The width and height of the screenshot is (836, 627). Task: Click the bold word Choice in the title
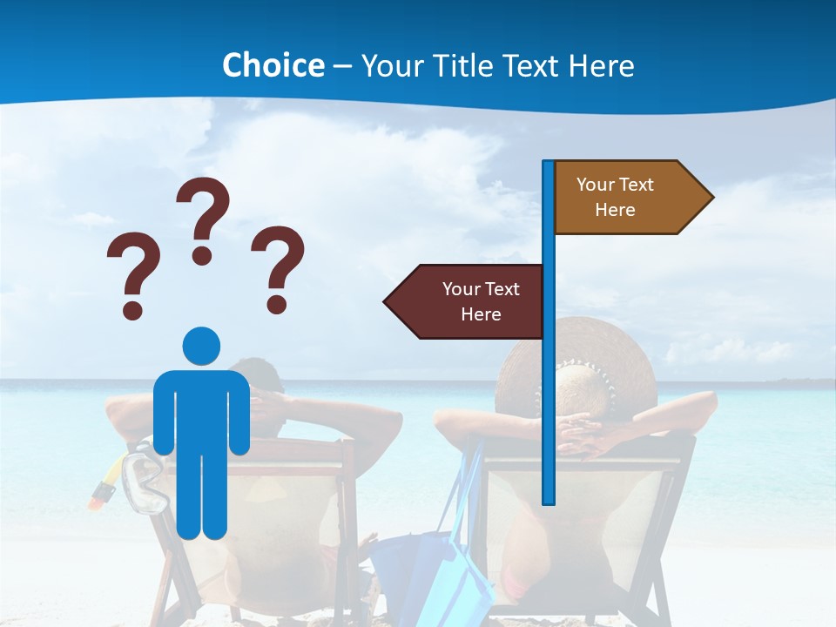[x=273, y=65]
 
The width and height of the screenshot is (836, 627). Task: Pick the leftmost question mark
[x=132, y=274]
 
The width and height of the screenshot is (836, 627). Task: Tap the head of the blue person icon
[x=201, y=346]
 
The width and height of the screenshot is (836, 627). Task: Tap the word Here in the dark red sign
[x=481, y=314]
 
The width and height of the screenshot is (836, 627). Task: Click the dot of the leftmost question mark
[x=132, y=310]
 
